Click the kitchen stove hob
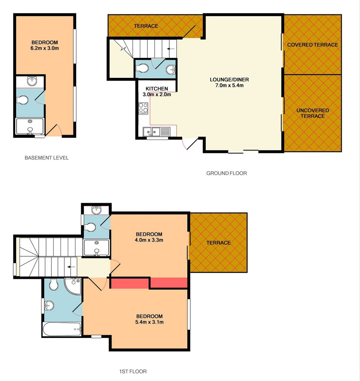(x=143, y=108)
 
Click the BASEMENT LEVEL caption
(x=47, y=158)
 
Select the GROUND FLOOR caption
(x=226, y=173)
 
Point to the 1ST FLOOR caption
(x=133, y=371)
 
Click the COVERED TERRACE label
(x=313, y=45)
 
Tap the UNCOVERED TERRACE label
(x=313, y=113)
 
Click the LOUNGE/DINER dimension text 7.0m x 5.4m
(x=229, y=85)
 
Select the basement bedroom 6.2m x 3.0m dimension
(x=45, y=48)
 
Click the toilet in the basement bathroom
(x=22, y=100)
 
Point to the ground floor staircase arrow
(x=171, y=49)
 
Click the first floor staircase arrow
(x=71, y=267)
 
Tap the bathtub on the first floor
(x=62, y=329)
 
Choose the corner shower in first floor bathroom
(x=73, y=286)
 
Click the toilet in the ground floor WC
(x=142, y=68)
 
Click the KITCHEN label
(x=157, y=89)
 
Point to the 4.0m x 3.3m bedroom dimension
(x=149, y=240)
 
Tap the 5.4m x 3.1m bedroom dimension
(x=150, y=322)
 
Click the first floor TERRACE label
(x=218, y=243)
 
